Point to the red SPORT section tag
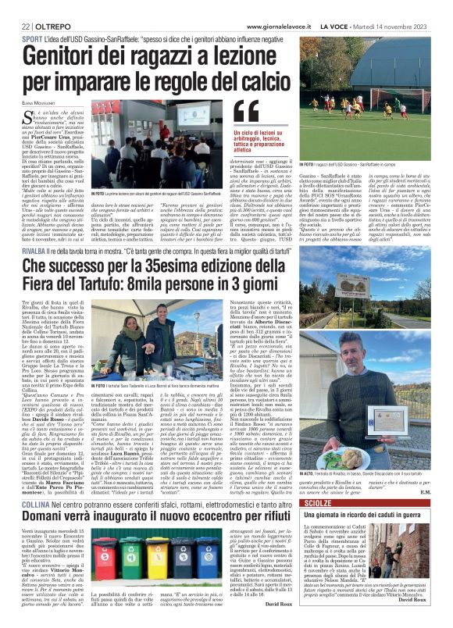pos(32,38)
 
